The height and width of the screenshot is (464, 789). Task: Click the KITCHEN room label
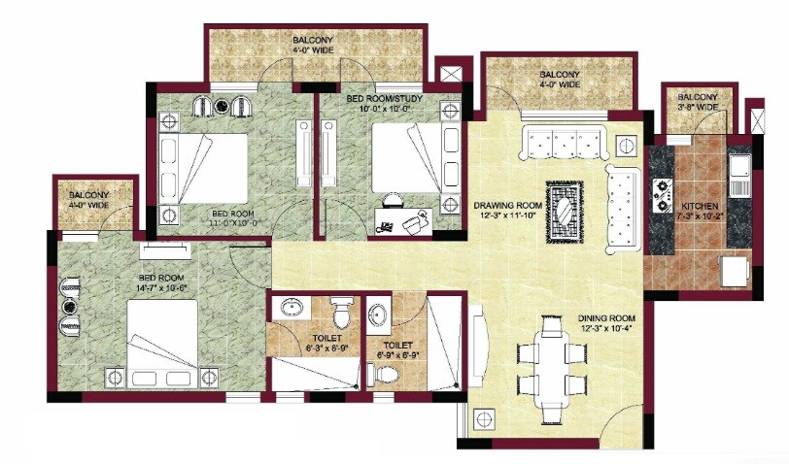click(x=700, y=207)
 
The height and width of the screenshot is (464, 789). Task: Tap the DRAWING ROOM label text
click(x=506, y=206)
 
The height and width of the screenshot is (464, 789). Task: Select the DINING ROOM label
click(x=606, y=317)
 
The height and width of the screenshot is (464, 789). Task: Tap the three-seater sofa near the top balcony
click(x=563, y=144)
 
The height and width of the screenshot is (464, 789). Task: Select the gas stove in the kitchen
click(x=666, y=193)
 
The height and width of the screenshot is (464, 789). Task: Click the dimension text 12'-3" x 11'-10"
click(x=506, y=216)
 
